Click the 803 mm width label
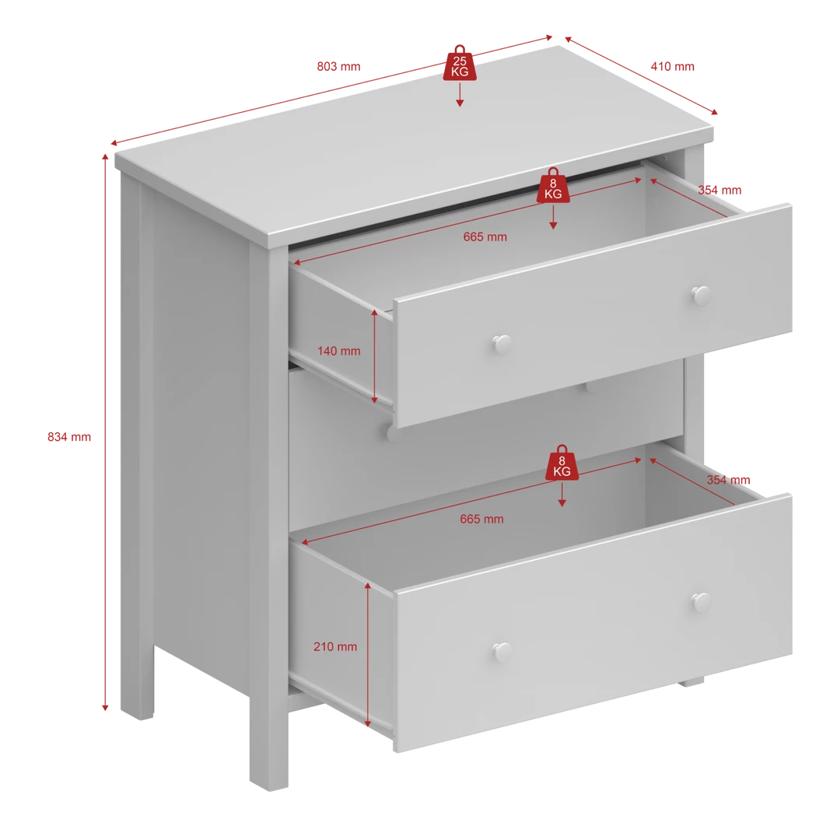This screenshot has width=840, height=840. [x=338, y=66]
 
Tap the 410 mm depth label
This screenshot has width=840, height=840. [x=672, y=66]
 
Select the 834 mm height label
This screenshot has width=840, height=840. [x=69, y=437]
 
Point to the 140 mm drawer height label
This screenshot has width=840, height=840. [x=338, y=352]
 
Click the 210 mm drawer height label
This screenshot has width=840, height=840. [x=335, y=647]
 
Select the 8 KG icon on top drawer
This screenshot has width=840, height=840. [x=553, y=185]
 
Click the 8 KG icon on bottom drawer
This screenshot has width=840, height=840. [x=562, y=463]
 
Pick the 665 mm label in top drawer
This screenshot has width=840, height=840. [x=485, y=236]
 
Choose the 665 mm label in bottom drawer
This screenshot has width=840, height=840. [x=481, y=519]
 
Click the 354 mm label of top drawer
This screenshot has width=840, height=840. [x=719, y=191]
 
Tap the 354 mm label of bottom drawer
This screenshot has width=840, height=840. [x=728, y=480]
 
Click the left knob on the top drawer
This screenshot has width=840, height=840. [x=502, y=345]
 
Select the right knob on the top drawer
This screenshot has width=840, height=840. [x=701, y=296]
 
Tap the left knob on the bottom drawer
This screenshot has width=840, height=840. [x=502, y=652]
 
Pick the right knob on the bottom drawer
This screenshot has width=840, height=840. [x=701, y=603]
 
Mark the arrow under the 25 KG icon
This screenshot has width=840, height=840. [x=460, y=96]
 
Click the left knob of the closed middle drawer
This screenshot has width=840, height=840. [x=390, y=432]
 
